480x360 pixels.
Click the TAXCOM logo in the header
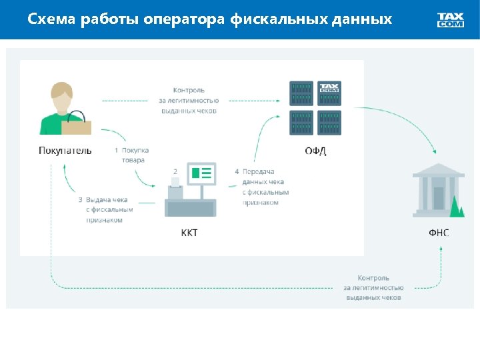point(451,20)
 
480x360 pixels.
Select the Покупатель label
point(65,150)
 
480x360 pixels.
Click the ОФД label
point(315,151)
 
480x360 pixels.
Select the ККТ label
point(189,233)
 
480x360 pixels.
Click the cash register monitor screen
point(201,174)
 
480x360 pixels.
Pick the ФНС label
point(439,233)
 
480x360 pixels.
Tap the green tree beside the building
point(457,207)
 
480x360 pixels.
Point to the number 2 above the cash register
point(175,171)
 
